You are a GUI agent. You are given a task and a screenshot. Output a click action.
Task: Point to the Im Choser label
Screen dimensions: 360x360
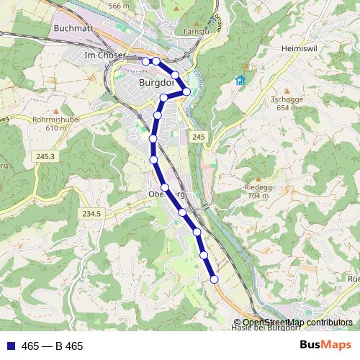click(x=105, y=55)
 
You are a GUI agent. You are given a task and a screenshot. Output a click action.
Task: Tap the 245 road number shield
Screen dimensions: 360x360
click(x=199, y=137)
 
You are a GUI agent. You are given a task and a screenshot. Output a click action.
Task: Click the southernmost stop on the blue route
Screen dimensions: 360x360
click(x=214, y=279)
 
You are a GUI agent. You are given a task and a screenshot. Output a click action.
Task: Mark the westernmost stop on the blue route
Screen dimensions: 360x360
click(x=145, y=61)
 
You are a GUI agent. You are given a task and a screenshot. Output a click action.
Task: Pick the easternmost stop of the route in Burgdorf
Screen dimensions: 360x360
click(x=187, y=91)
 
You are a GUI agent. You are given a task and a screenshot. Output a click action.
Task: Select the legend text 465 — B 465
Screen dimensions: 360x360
click(x=53, y=346)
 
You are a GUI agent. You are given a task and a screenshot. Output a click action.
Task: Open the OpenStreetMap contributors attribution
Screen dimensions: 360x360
click(x=297, y=322)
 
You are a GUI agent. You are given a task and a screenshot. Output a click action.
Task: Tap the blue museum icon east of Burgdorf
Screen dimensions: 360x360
click(x=240, y=80)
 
